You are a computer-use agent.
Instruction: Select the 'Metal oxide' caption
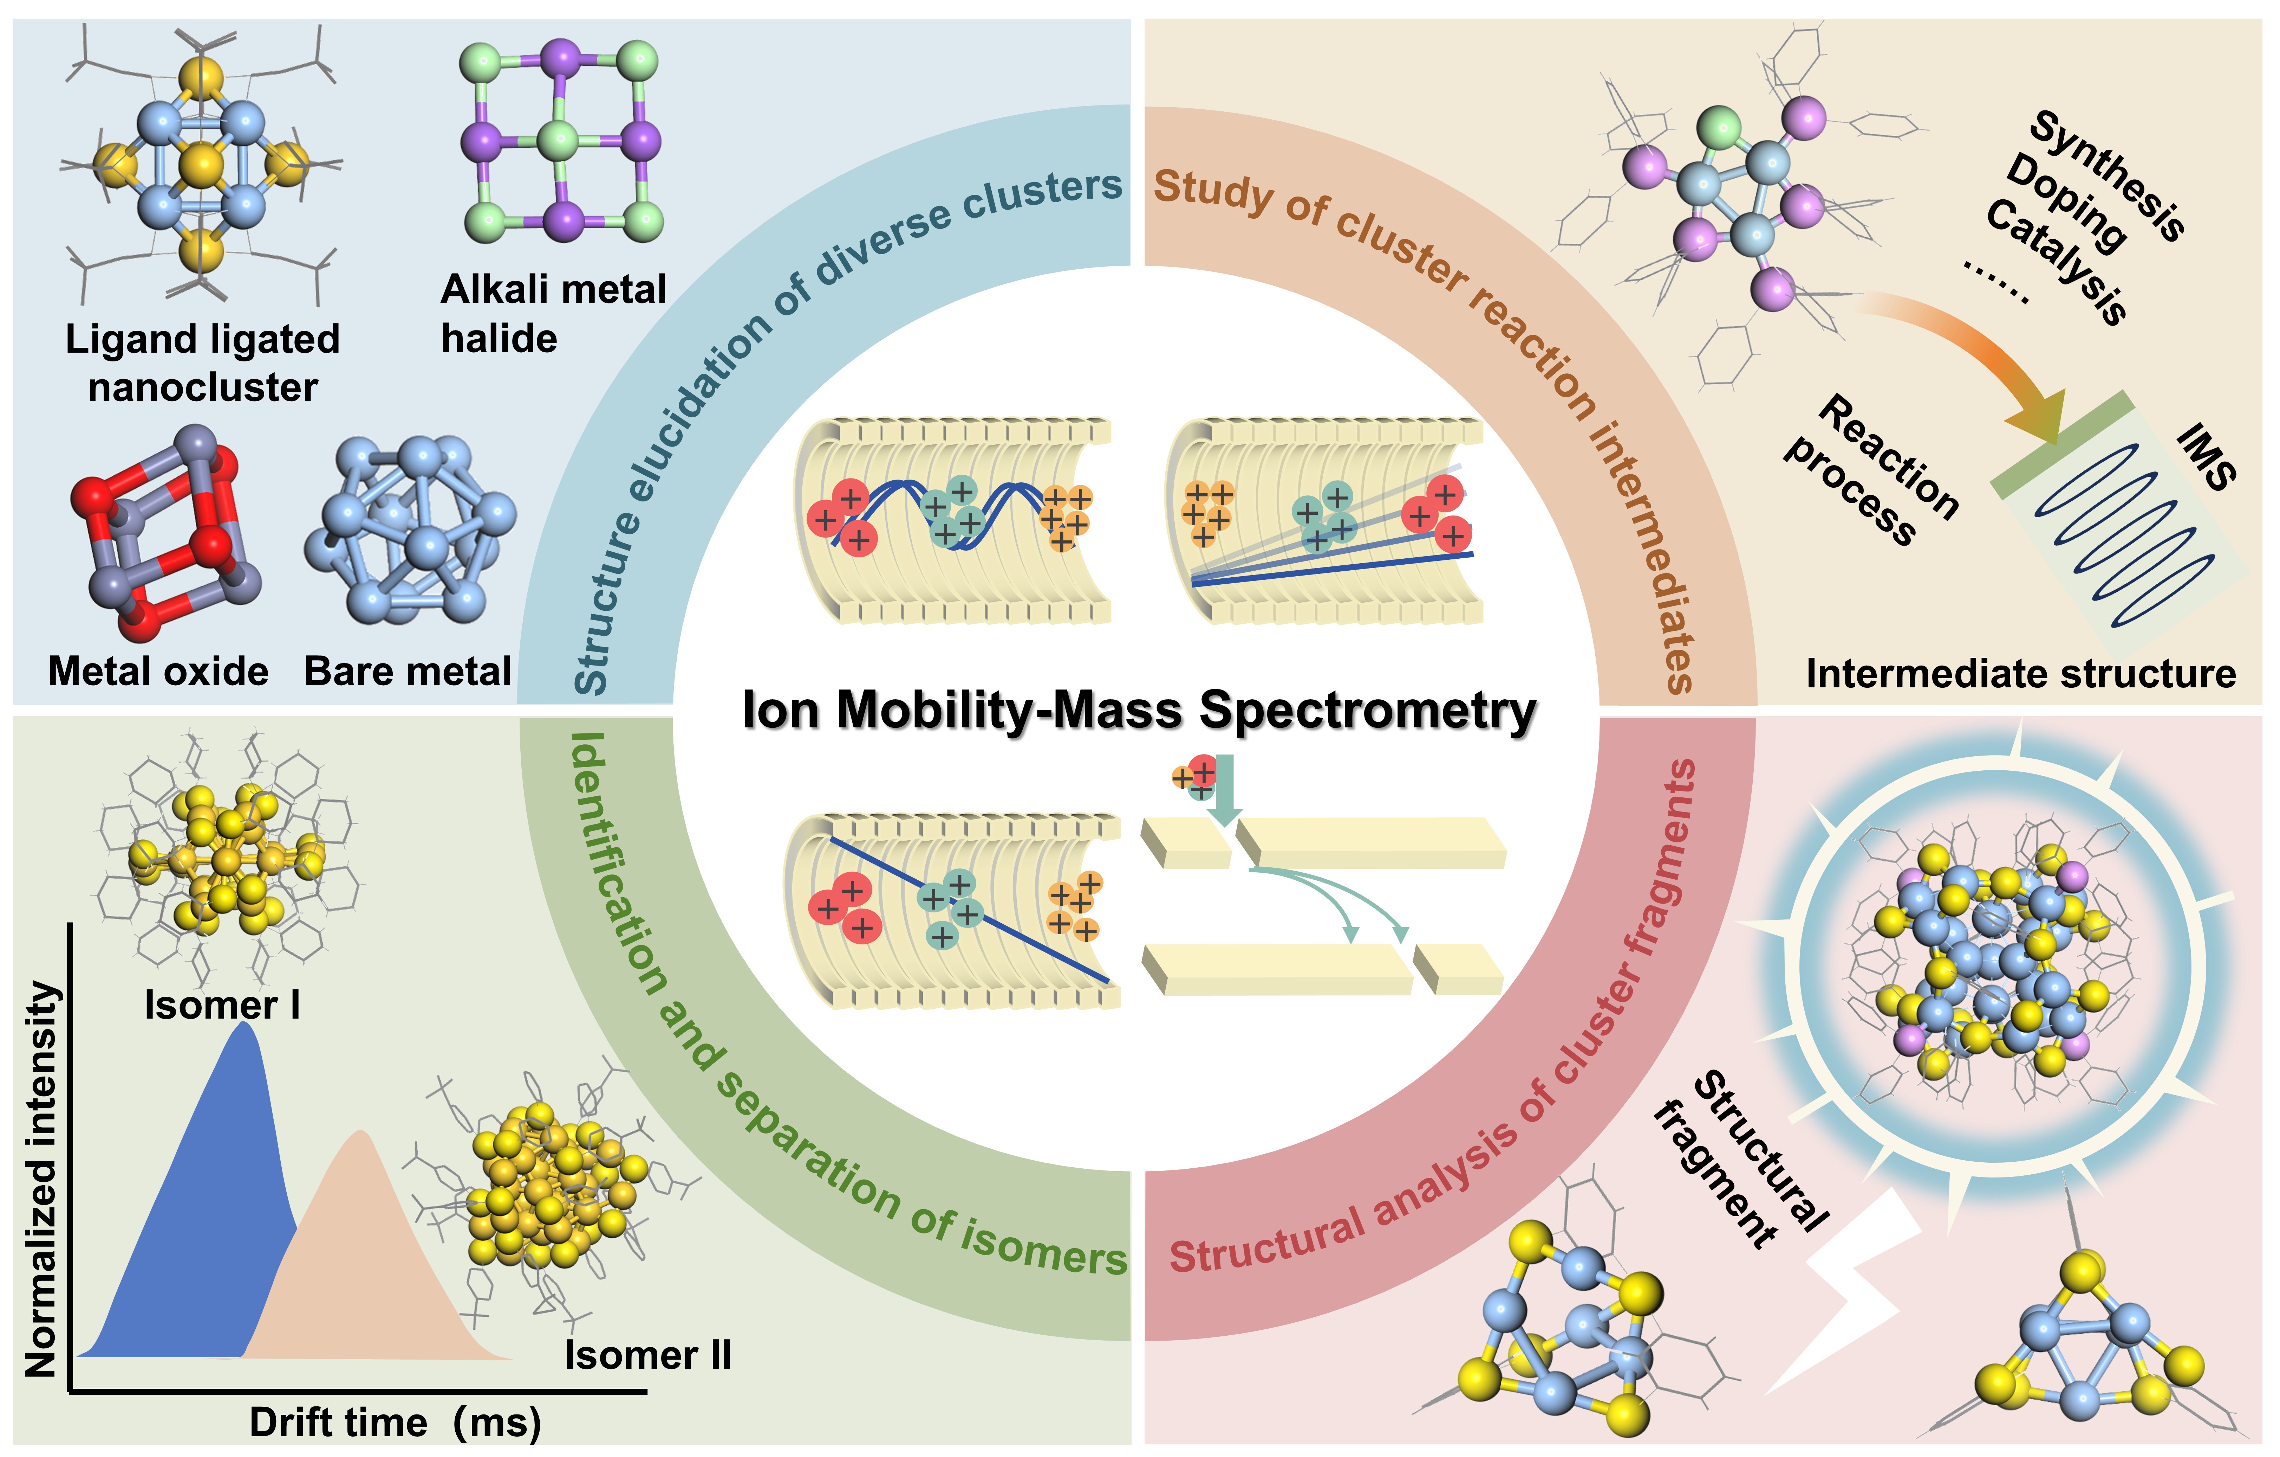click(158, 672)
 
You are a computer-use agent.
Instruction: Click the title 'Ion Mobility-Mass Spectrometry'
click(1139, 711)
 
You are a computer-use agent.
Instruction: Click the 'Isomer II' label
click(648, 1356)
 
